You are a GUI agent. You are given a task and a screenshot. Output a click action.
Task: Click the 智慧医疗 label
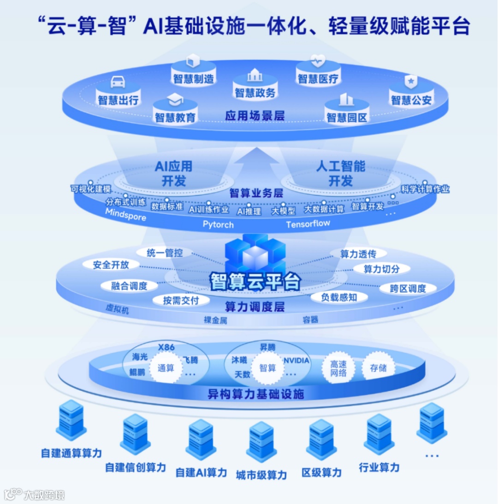click(x=318, y=78)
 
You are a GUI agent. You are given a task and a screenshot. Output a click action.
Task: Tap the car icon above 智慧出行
click(x=119, y=82)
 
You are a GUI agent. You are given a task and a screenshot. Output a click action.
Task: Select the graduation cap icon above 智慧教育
click(x=175, y=100)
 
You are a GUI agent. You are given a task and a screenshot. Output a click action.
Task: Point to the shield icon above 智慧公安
click(x=410, y=82)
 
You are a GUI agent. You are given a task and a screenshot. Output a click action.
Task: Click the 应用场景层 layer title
click(x=255, y=115)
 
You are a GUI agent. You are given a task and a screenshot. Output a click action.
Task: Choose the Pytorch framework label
click(x=218, y=225)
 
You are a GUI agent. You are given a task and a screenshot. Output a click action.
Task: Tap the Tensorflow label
click(x=308, y=224)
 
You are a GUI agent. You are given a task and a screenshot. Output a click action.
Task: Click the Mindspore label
click(x=125, y=214)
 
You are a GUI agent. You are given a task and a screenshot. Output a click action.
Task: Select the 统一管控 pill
click(x=165, y=252)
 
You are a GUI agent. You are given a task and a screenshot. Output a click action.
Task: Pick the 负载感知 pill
click(x=339, y=298)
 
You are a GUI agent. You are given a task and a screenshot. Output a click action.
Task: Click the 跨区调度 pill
click(x=408, y=289)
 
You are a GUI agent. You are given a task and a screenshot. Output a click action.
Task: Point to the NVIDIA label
click(x=296, y=360)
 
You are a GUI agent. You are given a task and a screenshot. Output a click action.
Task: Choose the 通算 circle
click(x=166, y=368)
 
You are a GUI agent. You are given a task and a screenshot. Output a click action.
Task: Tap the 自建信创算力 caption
click(x=136, y=467)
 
